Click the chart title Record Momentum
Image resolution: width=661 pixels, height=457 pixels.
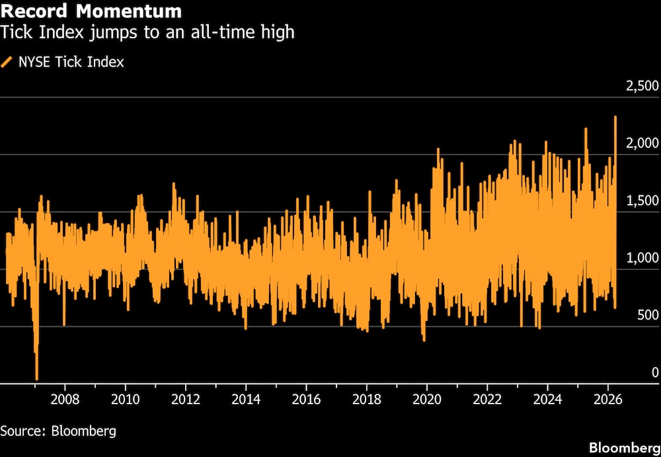[x=91, y=11]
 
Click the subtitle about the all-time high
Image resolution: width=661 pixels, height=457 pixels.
[x=147, y=32]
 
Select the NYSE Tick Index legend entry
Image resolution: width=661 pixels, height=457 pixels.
[x=70, y=62]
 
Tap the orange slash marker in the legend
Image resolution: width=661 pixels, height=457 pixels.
[x=7, y=62]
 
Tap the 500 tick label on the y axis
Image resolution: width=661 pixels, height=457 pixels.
[x=647, y=315]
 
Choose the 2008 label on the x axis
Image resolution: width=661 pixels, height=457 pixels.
[x=65, y=399]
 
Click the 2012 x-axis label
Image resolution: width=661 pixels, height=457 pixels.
[x=186, y=399]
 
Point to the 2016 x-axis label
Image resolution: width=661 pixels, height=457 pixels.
[x=306, y=399]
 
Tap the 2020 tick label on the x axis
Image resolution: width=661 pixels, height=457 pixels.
[x=427, y=399]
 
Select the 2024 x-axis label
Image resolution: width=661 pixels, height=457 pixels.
[x=547, y=399]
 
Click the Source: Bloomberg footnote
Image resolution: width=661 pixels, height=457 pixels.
[x=58, y=431]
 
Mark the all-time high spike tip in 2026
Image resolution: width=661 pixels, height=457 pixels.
[x=615, y=118]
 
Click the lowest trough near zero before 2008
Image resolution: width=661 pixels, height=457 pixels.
[x=36, y=378]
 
